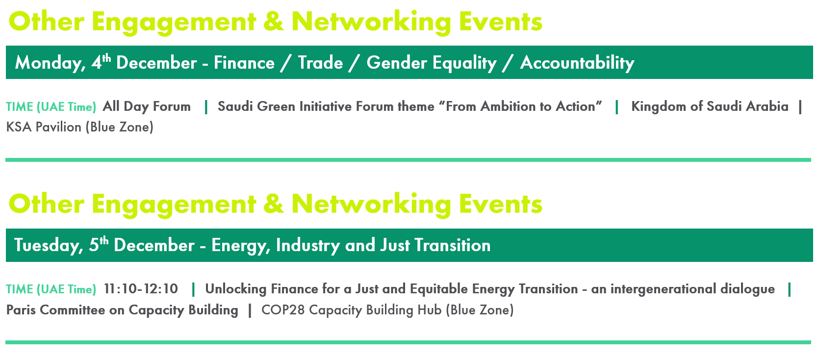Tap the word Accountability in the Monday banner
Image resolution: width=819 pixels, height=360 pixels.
click(577, 63)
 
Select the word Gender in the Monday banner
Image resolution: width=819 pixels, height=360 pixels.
click(396, 62)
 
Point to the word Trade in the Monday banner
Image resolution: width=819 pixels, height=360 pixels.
click(320, 62)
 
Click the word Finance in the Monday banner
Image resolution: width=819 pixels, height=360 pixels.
click(244, 62)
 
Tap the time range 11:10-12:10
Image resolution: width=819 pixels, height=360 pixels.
click(141, 289)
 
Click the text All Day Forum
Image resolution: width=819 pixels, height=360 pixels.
click(147, 107)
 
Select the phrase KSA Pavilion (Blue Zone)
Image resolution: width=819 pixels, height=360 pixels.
click(80, 127)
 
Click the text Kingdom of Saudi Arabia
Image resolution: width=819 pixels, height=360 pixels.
click(710, 106)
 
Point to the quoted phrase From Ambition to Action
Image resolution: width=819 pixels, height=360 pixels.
click(520, 106)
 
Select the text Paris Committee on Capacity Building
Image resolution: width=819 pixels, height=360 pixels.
click(122, 310)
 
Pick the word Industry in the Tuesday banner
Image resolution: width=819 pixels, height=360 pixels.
click(308, 245)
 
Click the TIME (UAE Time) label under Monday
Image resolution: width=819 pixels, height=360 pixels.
click(51, 107)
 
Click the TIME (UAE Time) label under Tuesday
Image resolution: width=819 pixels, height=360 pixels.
click(51, 289)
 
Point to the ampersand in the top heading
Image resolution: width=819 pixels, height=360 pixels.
click(273, 22)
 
